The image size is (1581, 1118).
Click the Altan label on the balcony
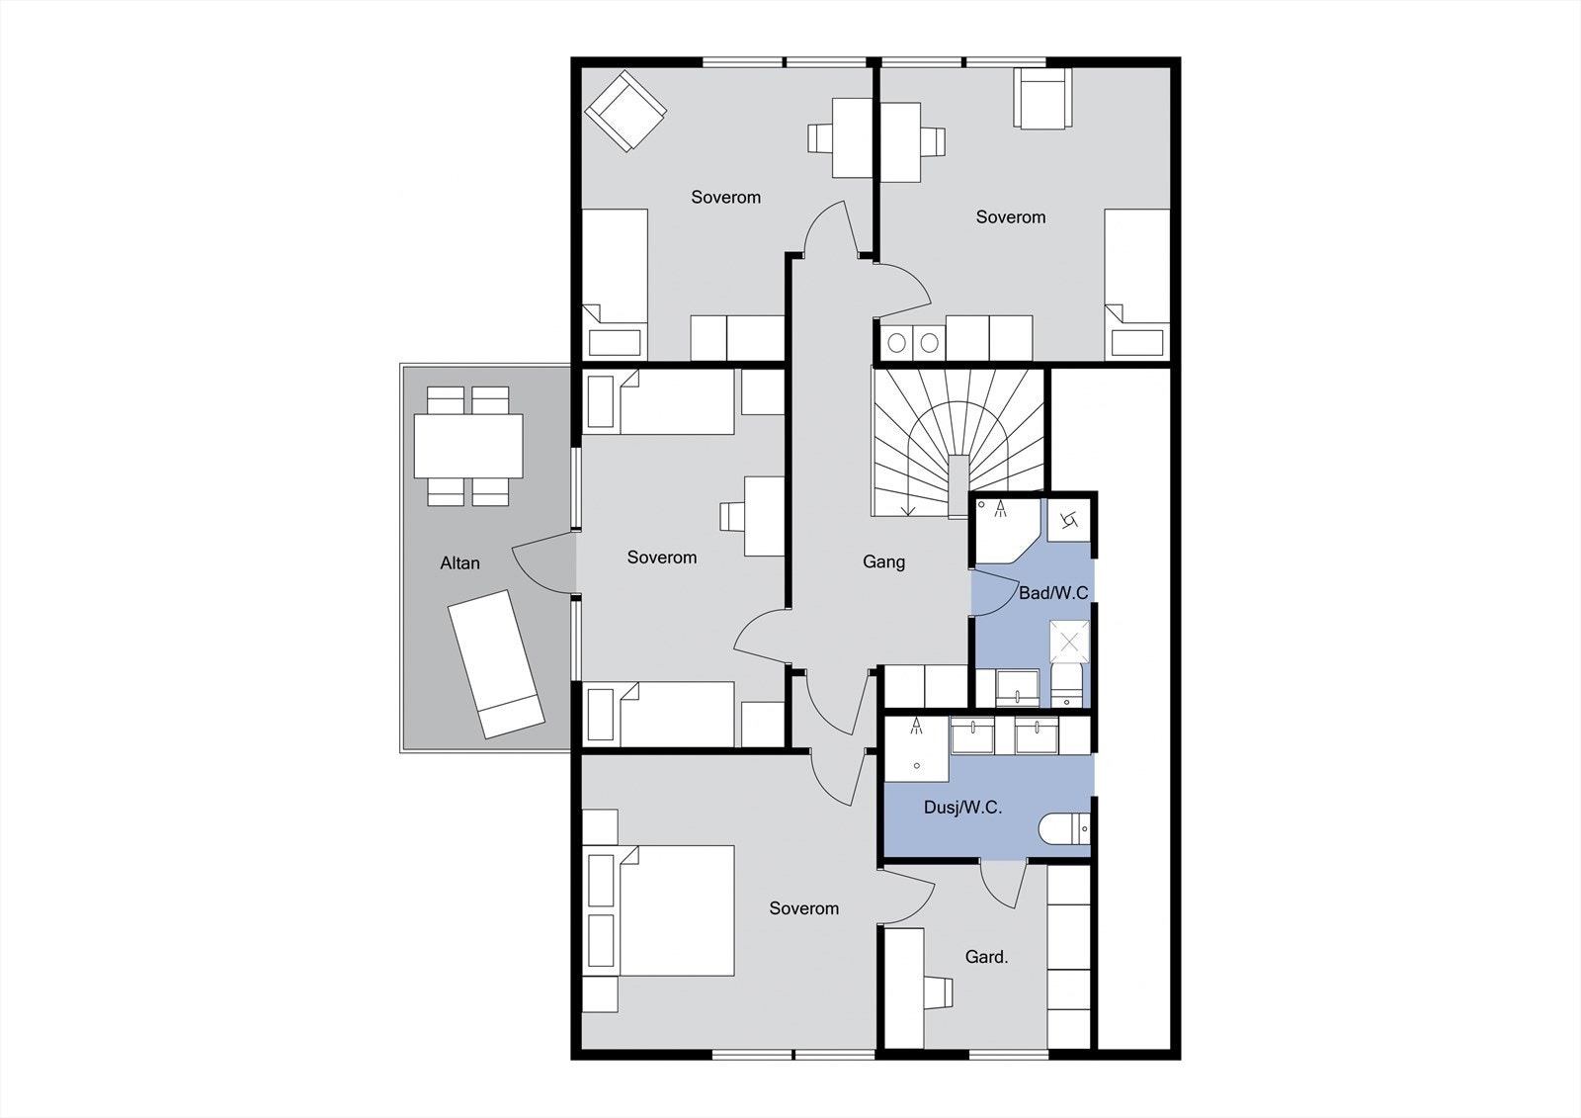tap(459, 563)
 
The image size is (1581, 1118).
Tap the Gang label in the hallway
tap(883, 561)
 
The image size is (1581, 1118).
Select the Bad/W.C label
tap(1053, 593)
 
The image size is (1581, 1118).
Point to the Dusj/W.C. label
tap(962, 808)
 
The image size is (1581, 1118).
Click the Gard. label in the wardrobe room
tap(986, 957)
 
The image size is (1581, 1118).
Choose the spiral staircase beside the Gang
tap(957, 439)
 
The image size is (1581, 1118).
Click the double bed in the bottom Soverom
tap(662, 909)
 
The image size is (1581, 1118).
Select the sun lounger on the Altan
tap(495, 663)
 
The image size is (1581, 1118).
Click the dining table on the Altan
tap(468, 446)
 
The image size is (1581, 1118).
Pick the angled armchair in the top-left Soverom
tap(624, 110)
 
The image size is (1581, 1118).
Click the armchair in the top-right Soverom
tap(1042, 98)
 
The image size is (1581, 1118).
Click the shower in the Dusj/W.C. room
tap(917, 748)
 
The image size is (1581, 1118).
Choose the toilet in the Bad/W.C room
tap(1068, 685)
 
